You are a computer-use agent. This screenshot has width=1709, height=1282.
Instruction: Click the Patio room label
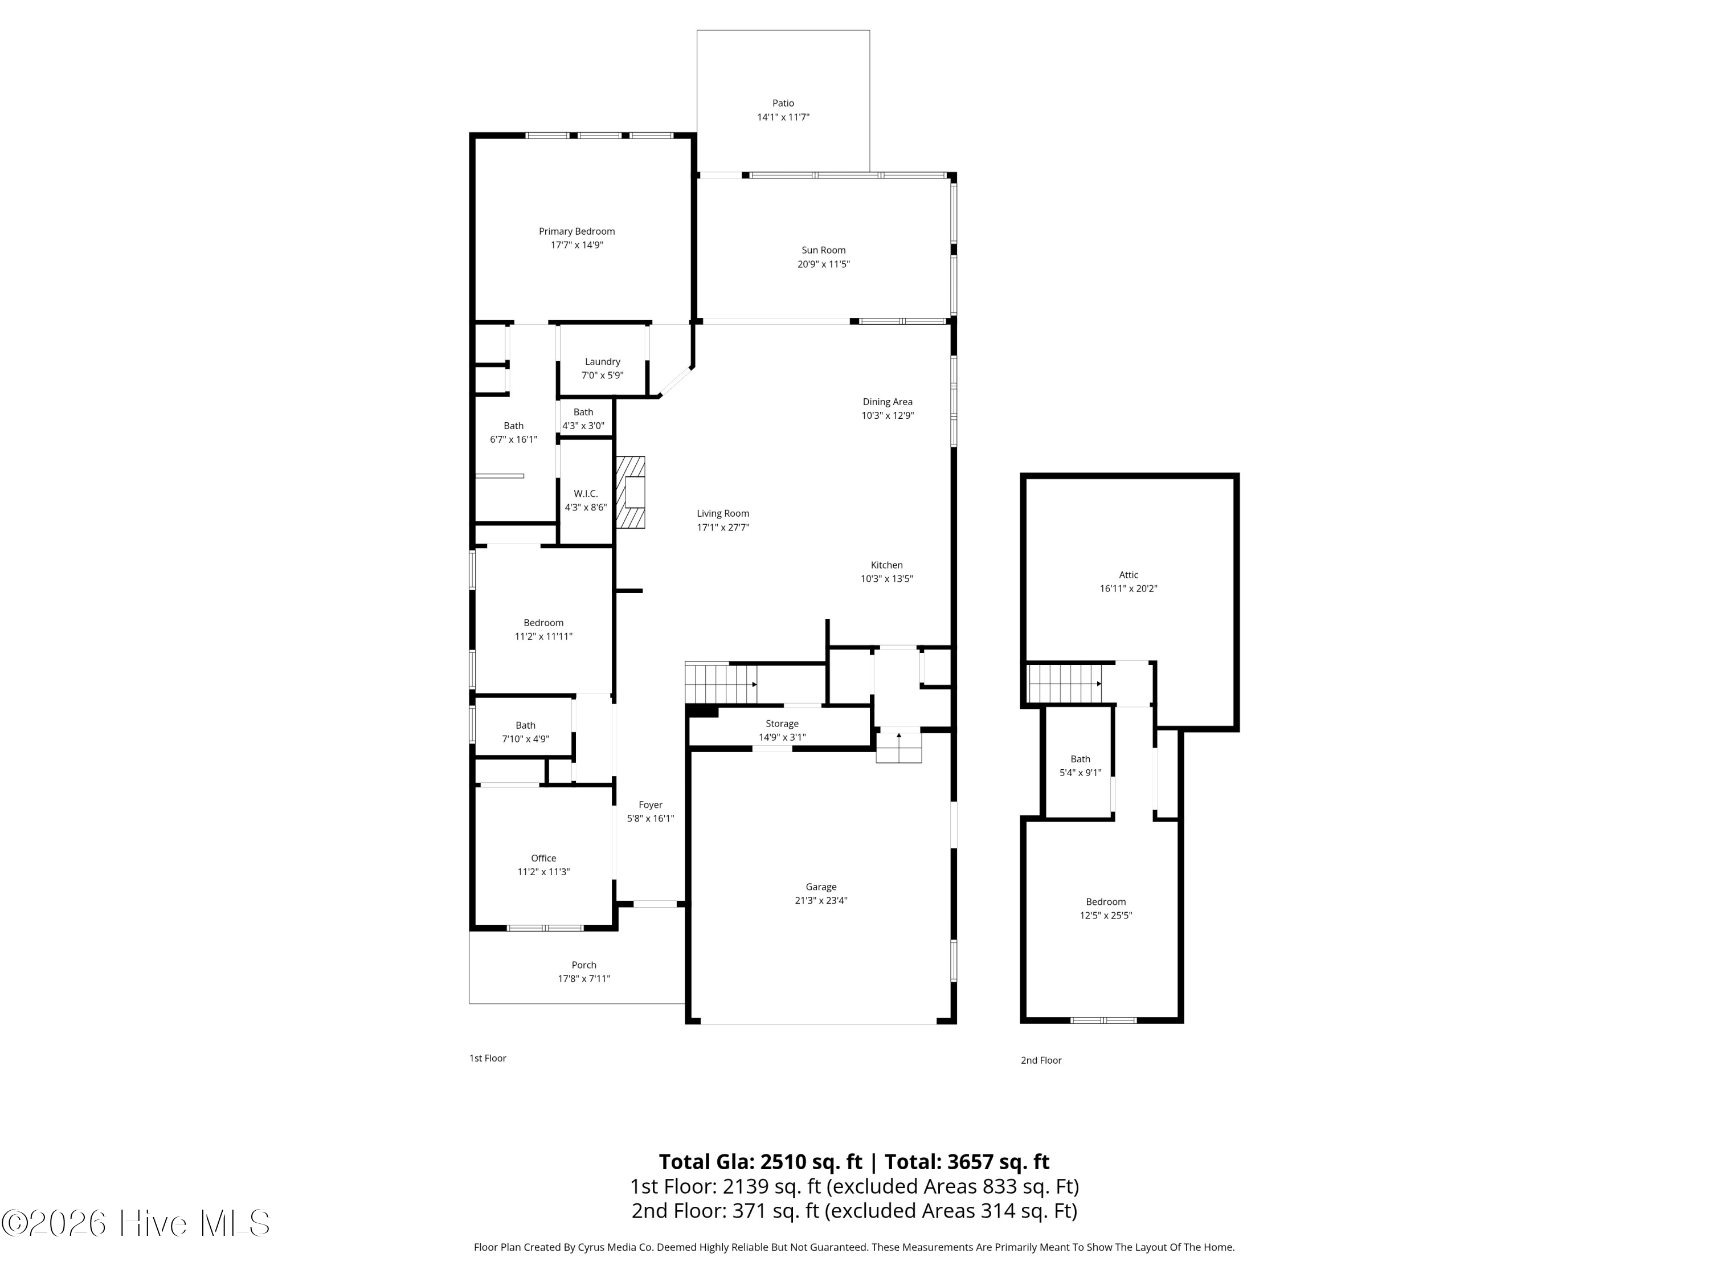(x=783, y=103)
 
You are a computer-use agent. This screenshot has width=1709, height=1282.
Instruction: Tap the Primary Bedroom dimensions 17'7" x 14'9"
(x=577, y=245)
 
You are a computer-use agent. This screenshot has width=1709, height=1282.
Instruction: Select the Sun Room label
(x=824, y=250)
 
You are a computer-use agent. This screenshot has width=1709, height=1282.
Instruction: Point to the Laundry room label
(x=602, y=362)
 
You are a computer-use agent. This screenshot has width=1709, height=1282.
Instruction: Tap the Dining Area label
(x=888, y=402)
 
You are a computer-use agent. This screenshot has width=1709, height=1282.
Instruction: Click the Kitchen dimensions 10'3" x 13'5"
(x=887, y=579)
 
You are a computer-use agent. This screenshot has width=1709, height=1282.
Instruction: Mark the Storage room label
(x=782, y=723)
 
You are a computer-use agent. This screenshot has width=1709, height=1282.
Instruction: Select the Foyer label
(x=651, y=805)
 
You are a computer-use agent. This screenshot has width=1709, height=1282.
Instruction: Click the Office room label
(x=543, y=858)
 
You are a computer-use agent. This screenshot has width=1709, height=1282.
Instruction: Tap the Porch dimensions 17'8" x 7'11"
(x=584, y=978)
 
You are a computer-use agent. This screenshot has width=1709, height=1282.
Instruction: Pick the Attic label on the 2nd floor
(x=1129, y=575)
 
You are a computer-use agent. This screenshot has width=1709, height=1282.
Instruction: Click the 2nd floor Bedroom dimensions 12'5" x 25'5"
(x=1106, y=916)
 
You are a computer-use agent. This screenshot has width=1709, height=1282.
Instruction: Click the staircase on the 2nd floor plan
(x=1065, y=684)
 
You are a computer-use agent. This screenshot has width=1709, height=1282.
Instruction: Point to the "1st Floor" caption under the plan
(x=488, y=1058)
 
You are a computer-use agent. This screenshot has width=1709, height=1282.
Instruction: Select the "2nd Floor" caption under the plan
(x=1041, y=1060)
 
